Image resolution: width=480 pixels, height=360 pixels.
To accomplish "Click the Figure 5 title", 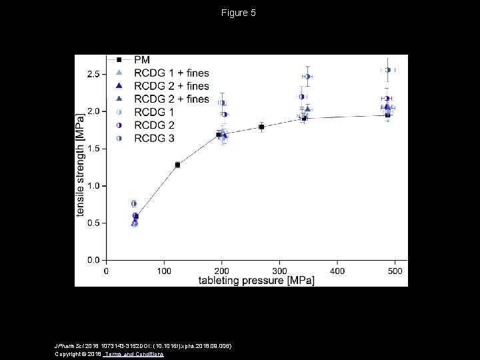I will (239, 13).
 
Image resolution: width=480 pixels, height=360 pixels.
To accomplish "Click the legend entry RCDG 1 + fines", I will (171, 73).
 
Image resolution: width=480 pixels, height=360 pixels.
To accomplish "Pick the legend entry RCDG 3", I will (154, 138).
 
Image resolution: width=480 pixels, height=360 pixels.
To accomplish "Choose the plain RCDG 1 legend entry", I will (154, 112).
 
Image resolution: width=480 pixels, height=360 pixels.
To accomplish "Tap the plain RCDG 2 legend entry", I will (154, 125).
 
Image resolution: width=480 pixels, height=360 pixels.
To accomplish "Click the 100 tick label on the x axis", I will (164, 271).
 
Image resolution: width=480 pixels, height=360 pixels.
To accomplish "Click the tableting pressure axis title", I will (256, 281).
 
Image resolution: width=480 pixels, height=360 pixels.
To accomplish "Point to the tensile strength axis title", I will (81, 164).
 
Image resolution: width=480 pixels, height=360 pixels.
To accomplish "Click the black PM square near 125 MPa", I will (177, 165).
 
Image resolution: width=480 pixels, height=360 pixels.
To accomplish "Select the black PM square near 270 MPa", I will (261, 127).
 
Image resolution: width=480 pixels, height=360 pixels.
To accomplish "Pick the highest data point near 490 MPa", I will (388, 70).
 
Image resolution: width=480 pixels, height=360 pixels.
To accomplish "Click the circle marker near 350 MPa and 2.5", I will (307, 77).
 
